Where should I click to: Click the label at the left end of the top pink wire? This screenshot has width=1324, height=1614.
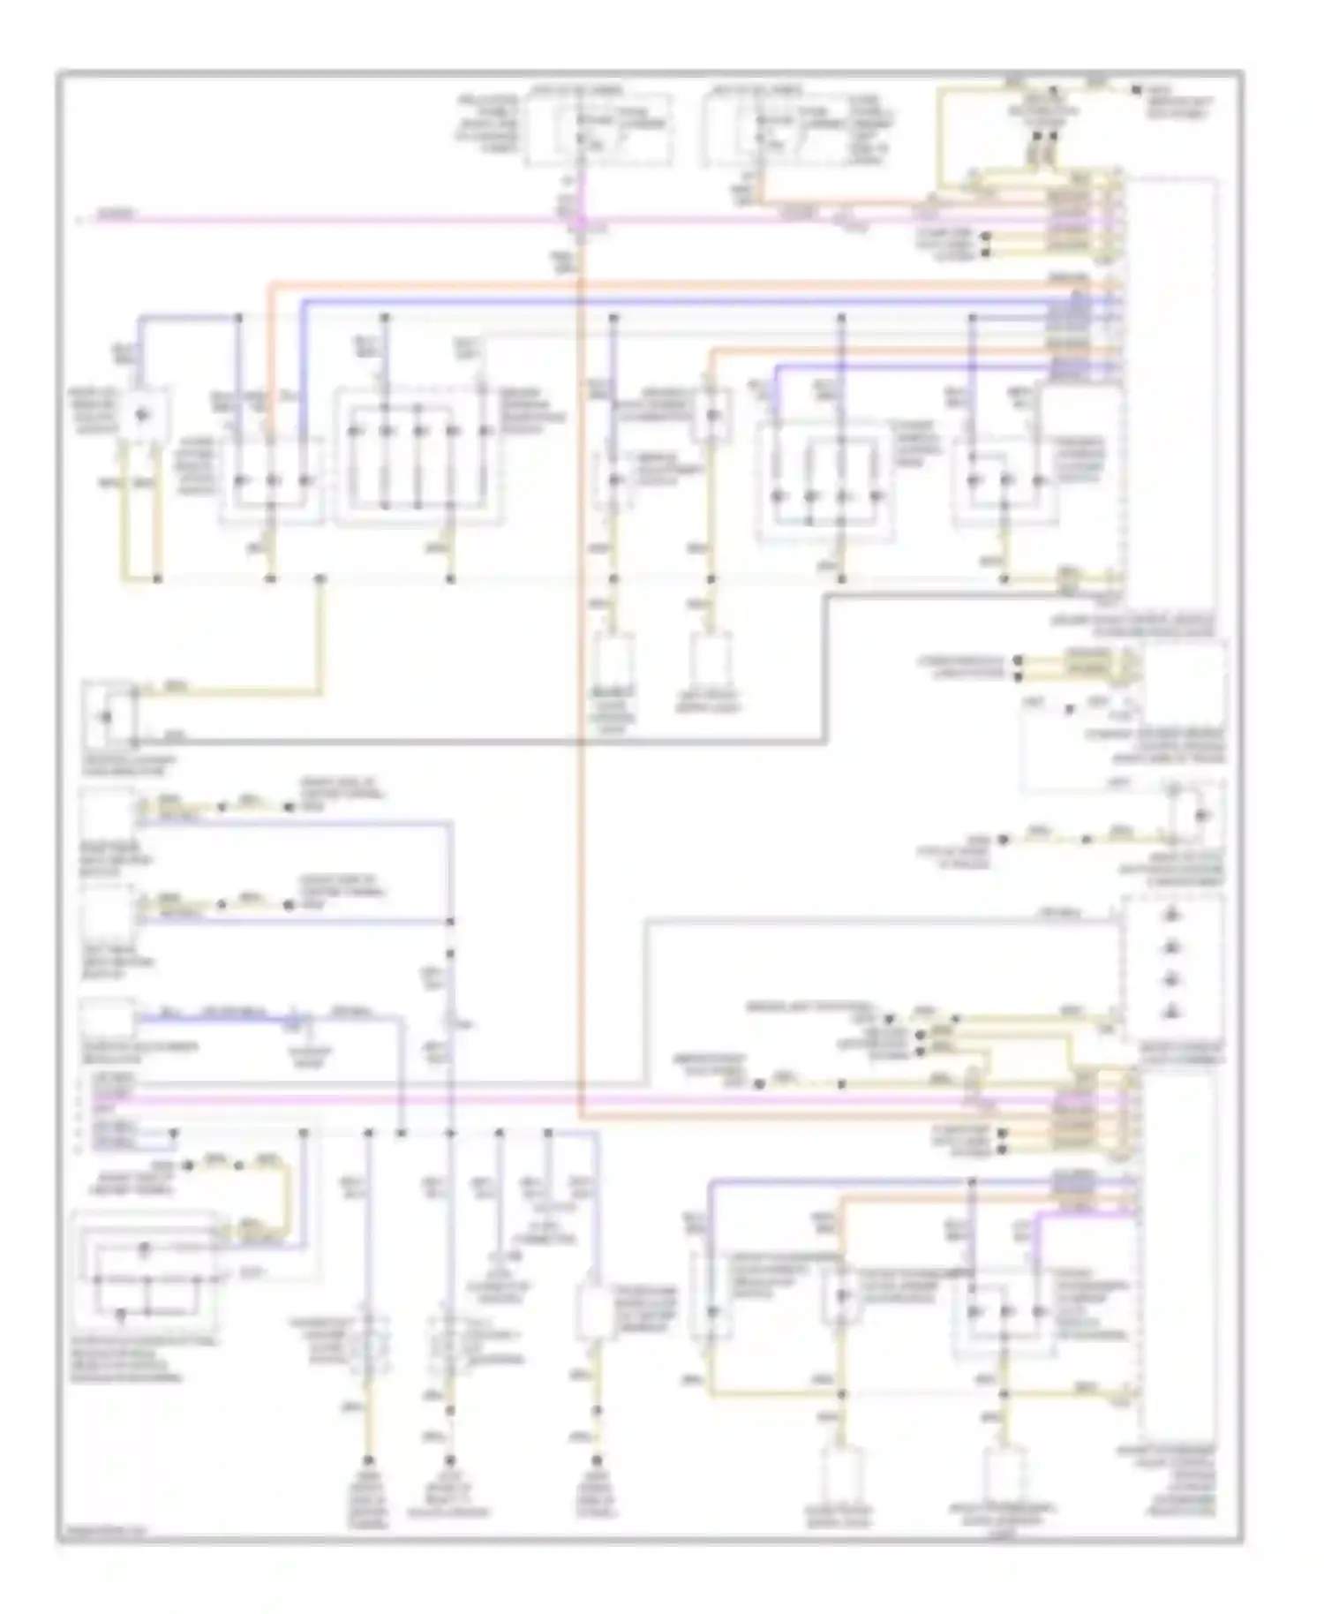click(x=116, y=214)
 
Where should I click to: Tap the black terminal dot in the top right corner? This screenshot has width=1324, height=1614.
click(x=1138, y=91)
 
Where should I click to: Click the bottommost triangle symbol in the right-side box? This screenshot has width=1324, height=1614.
click(x=1172, y=1011)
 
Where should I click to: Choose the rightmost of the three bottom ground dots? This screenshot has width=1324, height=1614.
click(x=598, y=1461)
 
